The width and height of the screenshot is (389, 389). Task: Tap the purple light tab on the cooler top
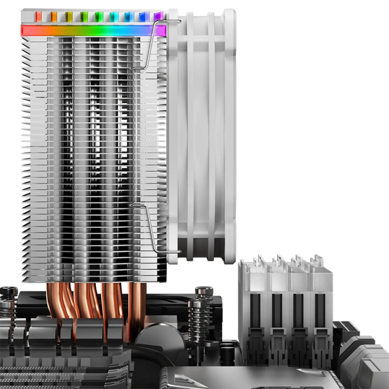point(157,16)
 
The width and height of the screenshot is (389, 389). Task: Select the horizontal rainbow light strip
point(93,30)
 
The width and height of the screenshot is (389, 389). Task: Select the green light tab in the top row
point(84,16)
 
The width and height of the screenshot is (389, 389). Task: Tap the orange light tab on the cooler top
point(54,16)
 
